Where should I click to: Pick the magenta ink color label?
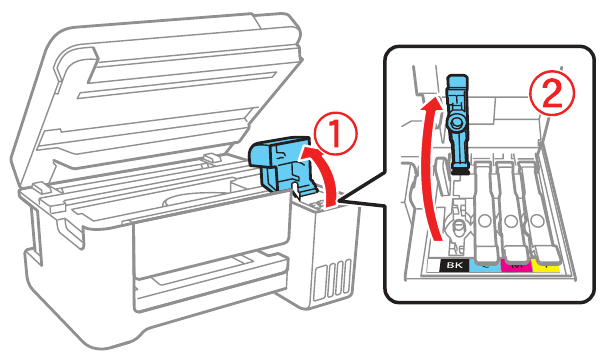click(517, 266)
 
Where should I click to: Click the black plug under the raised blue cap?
click(460, 172)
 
